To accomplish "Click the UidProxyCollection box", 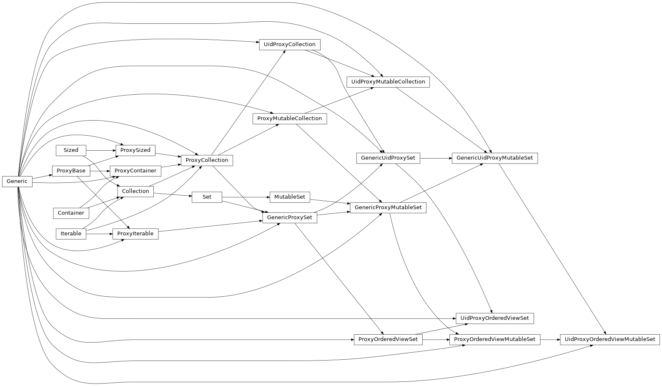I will (290, 45).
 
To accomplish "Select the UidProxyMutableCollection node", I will (388, 82).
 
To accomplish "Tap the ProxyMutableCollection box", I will (290, 119).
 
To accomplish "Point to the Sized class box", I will (71, 150).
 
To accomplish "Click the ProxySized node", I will (135, 150).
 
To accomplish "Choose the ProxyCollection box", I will (207, 160).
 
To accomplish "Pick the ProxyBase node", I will (71, 171).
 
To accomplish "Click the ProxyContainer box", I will (135, 171).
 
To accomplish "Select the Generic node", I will (17, 182).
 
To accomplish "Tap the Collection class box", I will (135, 191).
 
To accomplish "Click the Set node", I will (207, 197).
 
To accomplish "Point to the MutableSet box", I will (290, 197).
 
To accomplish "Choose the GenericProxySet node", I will (290, 217).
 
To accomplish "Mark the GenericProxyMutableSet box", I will (388, 207).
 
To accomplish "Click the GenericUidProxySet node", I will (388, 158).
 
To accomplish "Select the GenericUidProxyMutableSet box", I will (495, 158).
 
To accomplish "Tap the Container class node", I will (71, 213).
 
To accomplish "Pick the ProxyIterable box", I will (135, 234).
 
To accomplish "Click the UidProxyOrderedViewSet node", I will (495, 318).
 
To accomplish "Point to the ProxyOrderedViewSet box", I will (388, 339).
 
